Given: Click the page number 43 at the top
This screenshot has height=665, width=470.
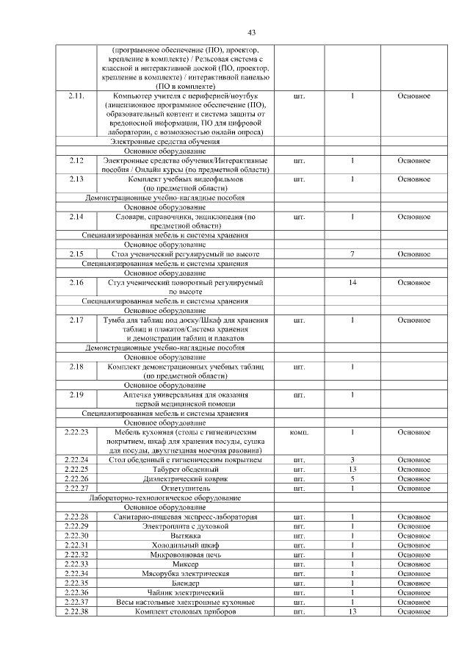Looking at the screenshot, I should coord(251,32).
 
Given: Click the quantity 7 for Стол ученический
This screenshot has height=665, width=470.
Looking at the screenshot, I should coord(352,254).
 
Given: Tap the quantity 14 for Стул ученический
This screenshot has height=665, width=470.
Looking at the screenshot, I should coord(352,282).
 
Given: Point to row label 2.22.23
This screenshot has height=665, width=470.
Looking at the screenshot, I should coord(76,432).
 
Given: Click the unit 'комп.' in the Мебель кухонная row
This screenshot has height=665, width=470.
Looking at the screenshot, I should coord(299,432).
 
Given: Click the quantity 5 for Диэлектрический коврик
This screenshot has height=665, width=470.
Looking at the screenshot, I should coord(352,478).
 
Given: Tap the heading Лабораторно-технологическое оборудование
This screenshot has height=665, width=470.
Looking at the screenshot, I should coord(164,497).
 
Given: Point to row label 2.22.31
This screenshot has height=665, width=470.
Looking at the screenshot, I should coord(76,545).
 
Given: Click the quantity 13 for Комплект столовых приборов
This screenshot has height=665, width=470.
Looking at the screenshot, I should coord(352,612).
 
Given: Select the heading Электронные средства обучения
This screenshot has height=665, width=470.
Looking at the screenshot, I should coord(164,141).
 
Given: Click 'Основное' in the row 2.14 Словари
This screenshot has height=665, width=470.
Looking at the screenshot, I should coord(413,217).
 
